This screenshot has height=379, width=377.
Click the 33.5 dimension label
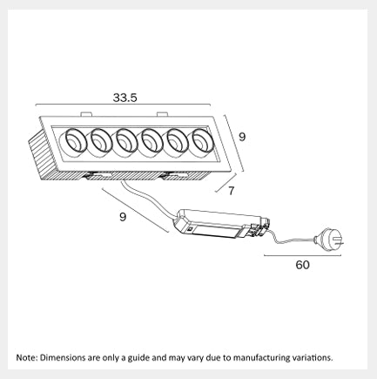pyautogui.click(x=125, y=98)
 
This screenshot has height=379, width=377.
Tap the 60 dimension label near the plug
pyautogui.click(x=303, y=265)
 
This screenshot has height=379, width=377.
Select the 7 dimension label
pyautogui.click(x=231, y=191)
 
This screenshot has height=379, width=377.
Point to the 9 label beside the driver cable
pyautogui.click(x=123, y=217)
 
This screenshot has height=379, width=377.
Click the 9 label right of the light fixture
pyautogui.click(x=242, y=137)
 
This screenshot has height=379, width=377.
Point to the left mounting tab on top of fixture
pyautogui.click(x=86, y=114)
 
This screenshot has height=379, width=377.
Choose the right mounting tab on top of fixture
pyautogui.click(x=162, y=114)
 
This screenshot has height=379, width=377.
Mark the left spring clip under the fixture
pyautogui.click(x=98, y=175)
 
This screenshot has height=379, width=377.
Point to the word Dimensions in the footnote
pyautogui.click(x=60, y=357)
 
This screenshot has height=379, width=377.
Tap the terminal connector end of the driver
pyautogui.click(x=259, y=228)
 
